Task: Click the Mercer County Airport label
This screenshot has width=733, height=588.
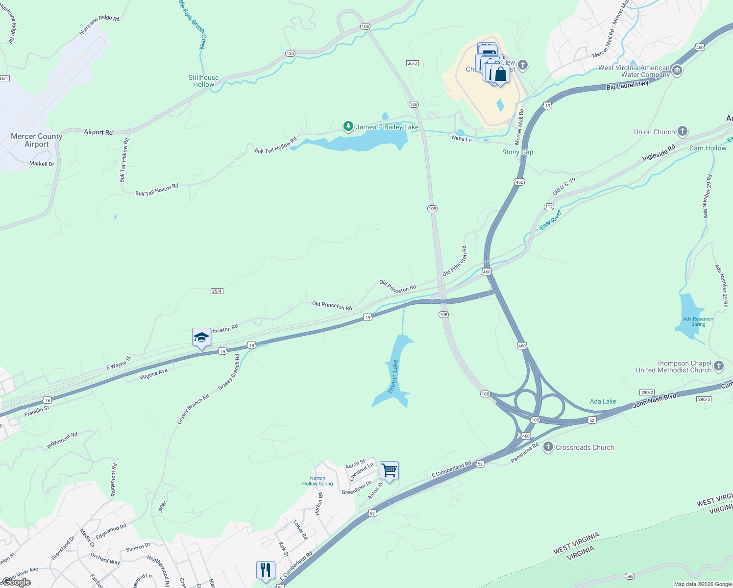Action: click(37, 140)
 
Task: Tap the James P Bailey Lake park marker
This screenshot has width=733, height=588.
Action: click(348, 127)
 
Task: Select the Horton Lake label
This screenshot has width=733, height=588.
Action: click(393, 376)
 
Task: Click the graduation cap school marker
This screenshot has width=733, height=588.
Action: click(201, 338)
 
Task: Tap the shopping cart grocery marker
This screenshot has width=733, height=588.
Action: click(389, 471)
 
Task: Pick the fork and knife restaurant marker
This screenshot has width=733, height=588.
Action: click(266, 570)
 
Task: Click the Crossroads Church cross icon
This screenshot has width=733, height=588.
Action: click(548, 447)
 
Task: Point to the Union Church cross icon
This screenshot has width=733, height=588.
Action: click(683, 131)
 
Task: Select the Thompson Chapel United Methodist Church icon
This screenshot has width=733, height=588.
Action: click(719, 366)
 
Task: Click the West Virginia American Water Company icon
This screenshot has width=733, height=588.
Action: click(677, 71)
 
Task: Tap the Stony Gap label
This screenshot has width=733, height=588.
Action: click(517, 152)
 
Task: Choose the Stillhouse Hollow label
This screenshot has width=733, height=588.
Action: click(204, 81)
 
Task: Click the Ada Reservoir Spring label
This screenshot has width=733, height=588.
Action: click(698, 321)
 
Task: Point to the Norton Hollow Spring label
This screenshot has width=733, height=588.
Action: click(318, 481)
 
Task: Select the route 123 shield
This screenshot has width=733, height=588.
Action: click(290, 53)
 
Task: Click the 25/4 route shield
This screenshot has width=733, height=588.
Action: click(217, 291)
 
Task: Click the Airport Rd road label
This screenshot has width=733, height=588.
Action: click(98, 132)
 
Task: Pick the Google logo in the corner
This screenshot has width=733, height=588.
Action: click(16, 582)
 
